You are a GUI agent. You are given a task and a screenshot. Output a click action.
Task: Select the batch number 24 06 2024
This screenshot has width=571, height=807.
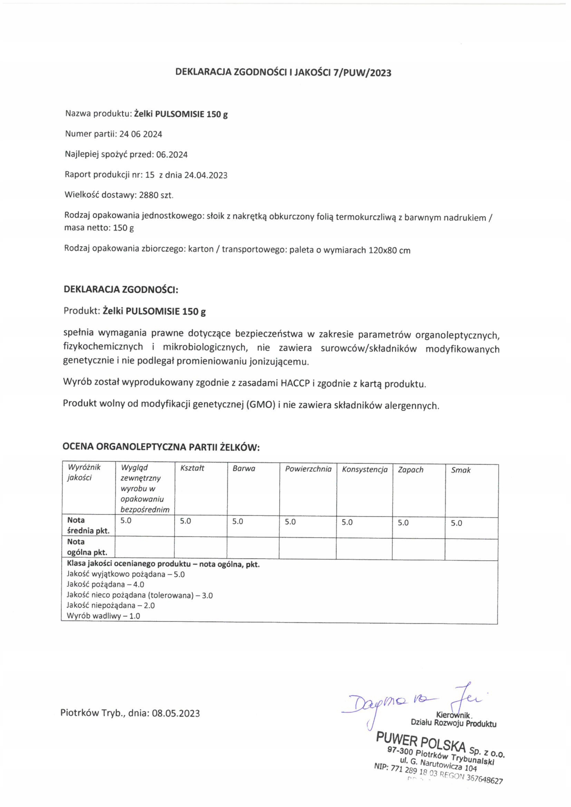coord(141,134)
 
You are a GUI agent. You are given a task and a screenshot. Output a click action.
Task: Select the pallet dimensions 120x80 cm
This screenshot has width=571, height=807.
coord(389,250)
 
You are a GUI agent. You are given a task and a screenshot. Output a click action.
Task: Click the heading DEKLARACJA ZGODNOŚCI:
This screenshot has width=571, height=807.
coord(121,290)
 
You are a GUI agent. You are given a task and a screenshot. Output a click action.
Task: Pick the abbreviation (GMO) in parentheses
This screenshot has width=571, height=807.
coord(260,404)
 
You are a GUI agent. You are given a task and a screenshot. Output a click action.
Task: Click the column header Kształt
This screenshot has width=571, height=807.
coord(192,468)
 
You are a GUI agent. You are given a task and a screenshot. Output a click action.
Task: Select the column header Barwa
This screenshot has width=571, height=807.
coord(244,468)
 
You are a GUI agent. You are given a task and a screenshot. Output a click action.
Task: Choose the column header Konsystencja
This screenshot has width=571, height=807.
coord(364,470)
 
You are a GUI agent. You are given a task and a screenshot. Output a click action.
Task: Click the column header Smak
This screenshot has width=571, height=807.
coord(461,470)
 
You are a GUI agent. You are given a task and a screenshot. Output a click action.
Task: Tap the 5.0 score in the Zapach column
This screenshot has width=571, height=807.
coord(403,523)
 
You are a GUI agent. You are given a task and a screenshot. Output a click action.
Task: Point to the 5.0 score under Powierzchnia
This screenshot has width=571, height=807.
coord(290,522)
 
